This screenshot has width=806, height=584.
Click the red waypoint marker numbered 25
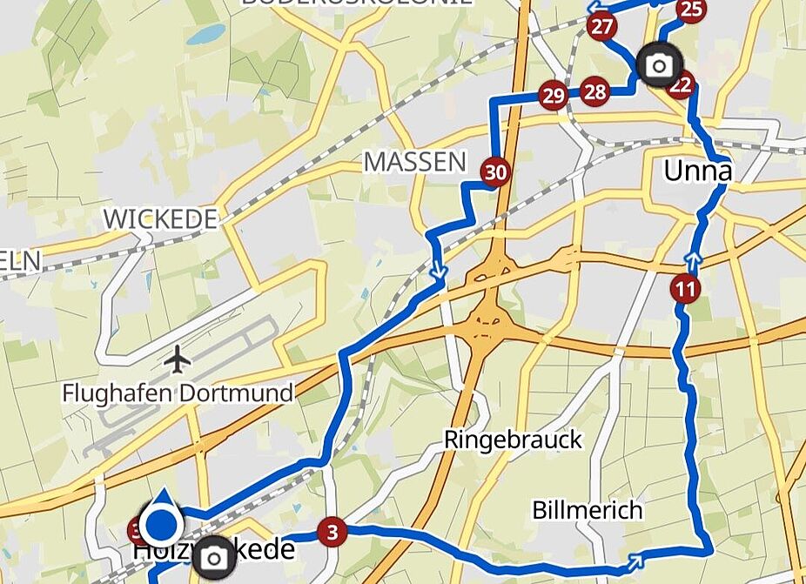(x=691, y=10)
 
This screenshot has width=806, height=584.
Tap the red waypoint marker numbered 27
(x=601, y=26)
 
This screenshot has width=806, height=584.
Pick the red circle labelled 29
(x=553, y=95)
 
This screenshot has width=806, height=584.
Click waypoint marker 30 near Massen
(x=495, y=172)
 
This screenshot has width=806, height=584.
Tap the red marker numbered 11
(x=686, y=288)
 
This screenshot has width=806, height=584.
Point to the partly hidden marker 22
(x=682, y=85)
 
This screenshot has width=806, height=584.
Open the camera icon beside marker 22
(x=659, y=65)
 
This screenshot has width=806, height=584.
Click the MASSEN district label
(x=415, y=161)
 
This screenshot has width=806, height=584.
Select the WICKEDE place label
(x=160, y=219)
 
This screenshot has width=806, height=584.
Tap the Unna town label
(x=697, y=171)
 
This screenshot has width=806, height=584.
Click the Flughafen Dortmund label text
(x=178, y=393)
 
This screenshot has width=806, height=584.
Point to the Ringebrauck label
(x=513, y=440)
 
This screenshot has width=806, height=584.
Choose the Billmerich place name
(x=588, y=509)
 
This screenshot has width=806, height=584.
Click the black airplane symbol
(x=178, y=358)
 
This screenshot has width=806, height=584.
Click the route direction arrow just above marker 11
(x=693, y=258)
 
